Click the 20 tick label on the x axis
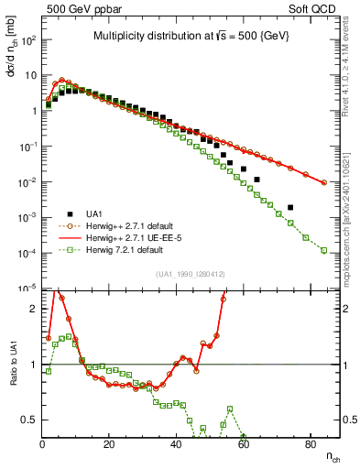pyautogui.click(x=109, y=444)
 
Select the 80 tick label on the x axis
pyautogui.click(x=309, y=444)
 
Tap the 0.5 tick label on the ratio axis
pyautogui.click(x=29, y=420)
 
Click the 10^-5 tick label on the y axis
pyautogui.click(x=26, y=289)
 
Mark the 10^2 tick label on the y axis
pyautogui.click(x=27, y=40)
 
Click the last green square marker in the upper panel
pyautogui.click(x=324, y=250)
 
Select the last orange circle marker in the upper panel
pyautogui.click(x=324, y=182)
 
